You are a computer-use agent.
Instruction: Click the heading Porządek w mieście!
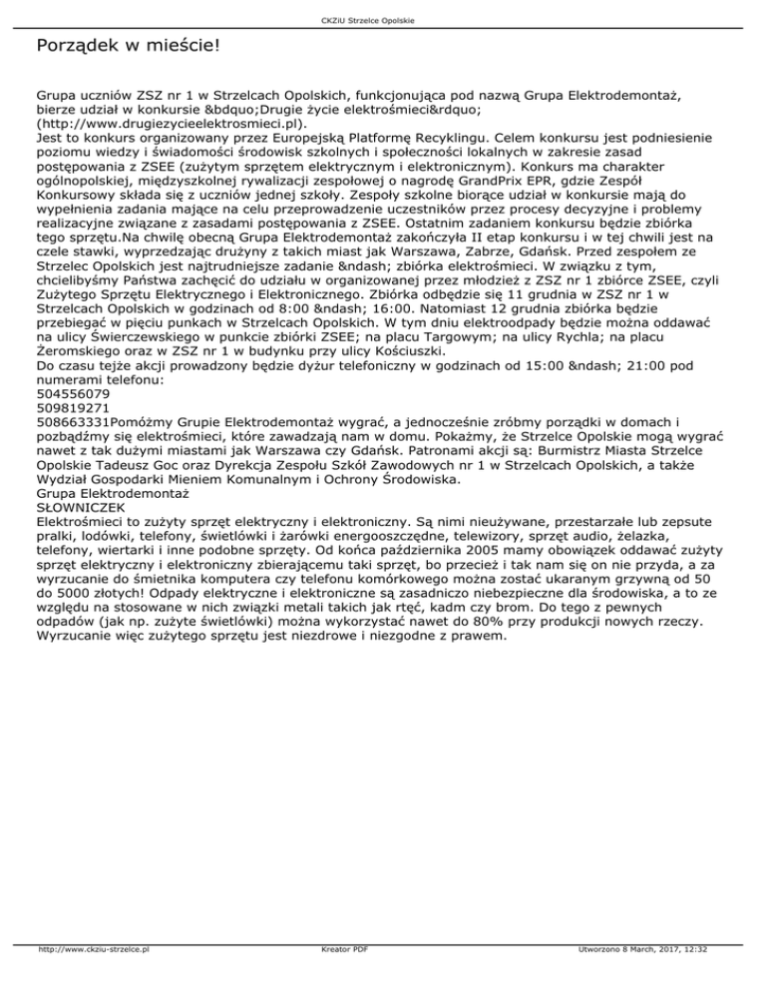point(127,47)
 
